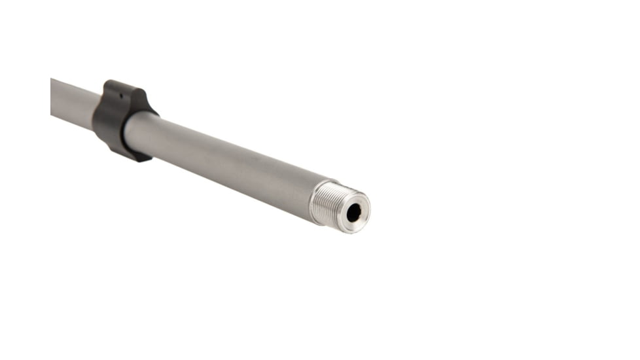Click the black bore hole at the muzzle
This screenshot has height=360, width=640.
[x=353, y=211]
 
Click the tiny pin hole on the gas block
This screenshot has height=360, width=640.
[x=120, y=95]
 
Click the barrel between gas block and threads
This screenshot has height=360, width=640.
[x=222, y=160]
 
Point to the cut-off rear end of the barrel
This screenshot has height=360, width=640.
[x=52, y=96]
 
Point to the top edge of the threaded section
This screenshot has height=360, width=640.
[x=327, y=185]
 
